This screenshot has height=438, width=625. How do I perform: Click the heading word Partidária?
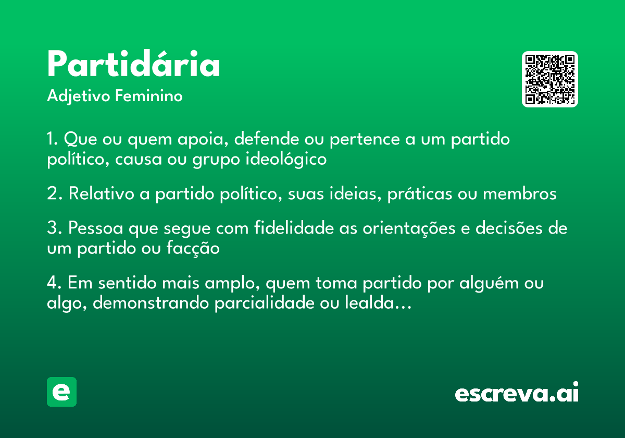pos(133,65)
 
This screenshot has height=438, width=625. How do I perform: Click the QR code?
pos(550,79)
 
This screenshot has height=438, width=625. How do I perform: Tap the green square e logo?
pos(61,392)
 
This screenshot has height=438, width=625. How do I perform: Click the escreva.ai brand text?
pos(517,393)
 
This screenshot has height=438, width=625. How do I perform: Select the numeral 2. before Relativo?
pos(55,194)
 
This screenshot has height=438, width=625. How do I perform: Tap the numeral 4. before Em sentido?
pos(55,284)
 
